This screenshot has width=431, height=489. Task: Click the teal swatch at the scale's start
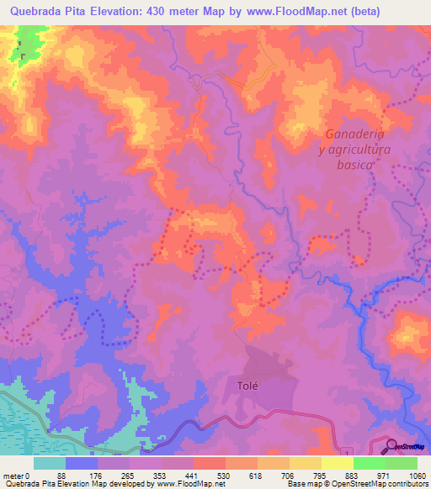tap(50, 463)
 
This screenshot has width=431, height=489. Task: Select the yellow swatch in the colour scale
tap(338, 463)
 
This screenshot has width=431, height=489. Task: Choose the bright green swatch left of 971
tap(369, 463)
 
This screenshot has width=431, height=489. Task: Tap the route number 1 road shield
tap(344, 453)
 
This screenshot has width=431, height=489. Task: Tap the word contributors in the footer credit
tap(406, 484)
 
